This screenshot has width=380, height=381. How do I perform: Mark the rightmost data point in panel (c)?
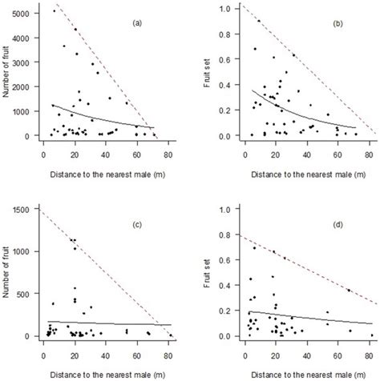(x=170, y=335)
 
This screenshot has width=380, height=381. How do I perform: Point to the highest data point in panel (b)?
(x=258, y=21)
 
